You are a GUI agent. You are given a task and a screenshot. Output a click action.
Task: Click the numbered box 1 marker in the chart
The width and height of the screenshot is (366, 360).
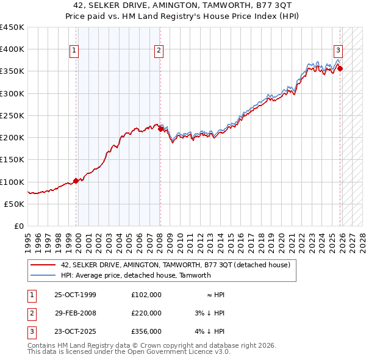pos(74,51)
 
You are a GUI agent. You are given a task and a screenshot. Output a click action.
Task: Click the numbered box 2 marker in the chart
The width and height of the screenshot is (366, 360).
pos(158,51)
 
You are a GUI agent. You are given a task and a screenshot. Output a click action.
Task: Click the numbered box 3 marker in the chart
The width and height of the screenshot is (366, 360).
pos(337,51)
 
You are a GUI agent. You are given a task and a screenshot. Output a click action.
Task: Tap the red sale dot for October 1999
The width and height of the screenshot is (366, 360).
pos(76,181)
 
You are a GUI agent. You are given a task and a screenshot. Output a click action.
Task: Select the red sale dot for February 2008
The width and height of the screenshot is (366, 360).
pos(160,129)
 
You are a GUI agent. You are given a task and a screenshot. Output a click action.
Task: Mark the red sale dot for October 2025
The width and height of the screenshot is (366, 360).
pos(340,69)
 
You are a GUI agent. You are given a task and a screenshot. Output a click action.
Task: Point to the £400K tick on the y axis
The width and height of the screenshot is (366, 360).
pos(12,49)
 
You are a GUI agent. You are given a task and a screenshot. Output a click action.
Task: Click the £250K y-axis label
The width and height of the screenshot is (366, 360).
pos(12,115)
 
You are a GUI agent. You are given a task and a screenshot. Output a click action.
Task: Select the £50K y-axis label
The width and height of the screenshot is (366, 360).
pos(15,204)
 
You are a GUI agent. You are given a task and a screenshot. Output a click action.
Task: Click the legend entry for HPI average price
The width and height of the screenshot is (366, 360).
pos(135,275)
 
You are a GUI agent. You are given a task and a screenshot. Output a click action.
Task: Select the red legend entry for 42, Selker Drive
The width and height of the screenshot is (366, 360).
pos(179,265)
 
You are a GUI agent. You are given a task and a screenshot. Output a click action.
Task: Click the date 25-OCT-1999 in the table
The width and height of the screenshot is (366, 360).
pos(75,295)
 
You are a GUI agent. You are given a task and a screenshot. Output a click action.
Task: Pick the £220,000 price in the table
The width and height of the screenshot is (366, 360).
pos(146,313)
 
